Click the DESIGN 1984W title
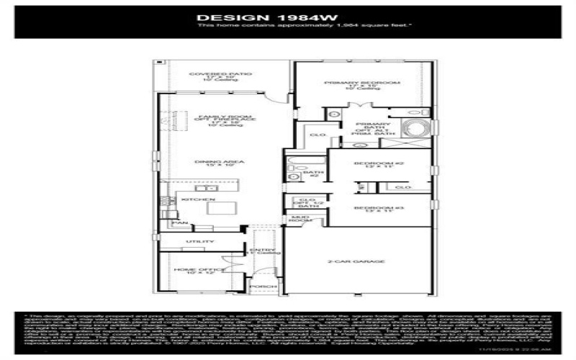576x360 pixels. [x=289, y=15]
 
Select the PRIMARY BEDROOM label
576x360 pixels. [x=361, y=83]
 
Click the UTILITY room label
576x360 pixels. [x=196, y=241]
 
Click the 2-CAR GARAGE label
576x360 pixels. [x=356, y=261]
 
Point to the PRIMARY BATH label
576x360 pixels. [x=361, y=127]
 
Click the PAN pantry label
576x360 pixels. [x=174, y=223]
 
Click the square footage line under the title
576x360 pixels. [x=289, y=24]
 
